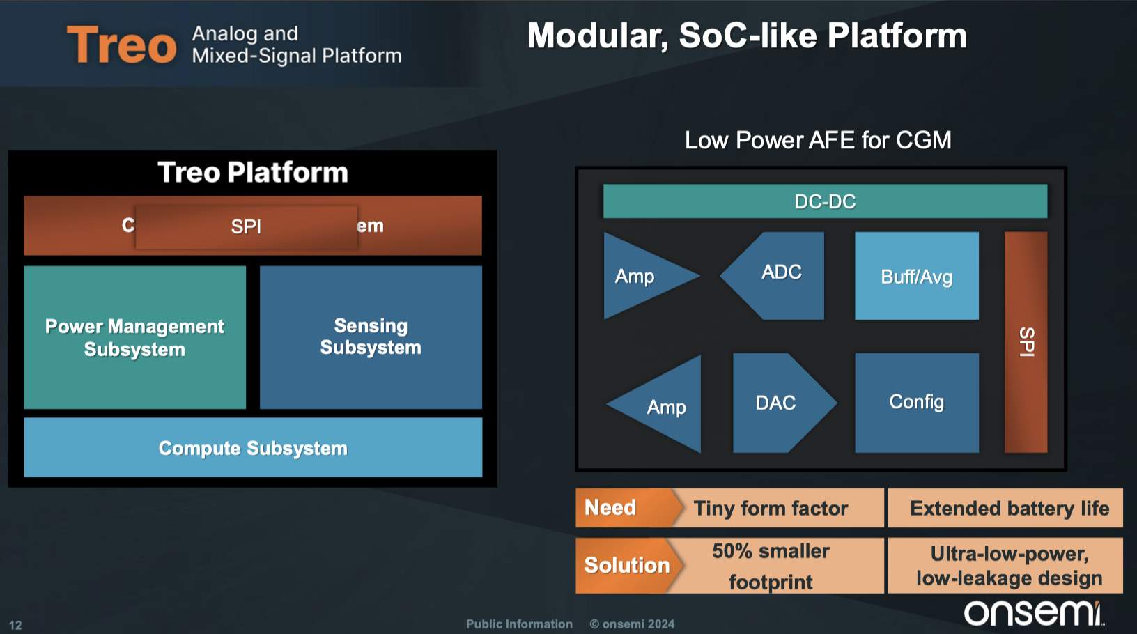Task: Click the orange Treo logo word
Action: tap(121, 45)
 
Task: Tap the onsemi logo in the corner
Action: tap(1033, 613)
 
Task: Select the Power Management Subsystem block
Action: tap(134, 337)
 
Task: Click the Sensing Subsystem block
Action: tap(371, 337)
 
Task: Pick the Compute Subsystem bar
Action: tap(253, 448)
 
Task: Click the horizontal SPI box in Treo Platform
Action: tap(246, 226)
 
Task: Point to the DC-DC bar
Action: tap(825, 201)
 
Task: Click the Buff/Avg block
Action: tap(916, 277)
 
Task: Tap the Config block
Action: tap(916, 402)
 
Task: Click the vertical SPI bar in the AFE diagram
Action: tap(1026, 341)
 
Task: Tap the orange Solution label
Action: tap(624, 565)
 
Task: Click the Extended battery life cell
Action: tap(1009, 508)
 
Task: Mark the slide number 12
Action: tap(15, 625)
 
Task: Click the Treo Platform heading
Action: tap(253, 172)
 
